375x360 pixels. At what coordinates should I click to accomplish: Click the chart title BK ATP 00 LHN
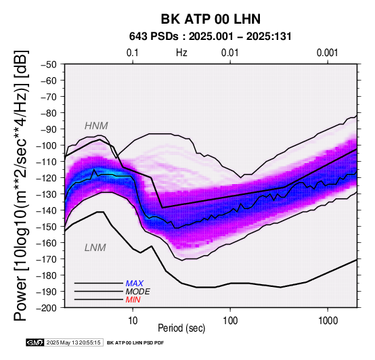coord(211,19)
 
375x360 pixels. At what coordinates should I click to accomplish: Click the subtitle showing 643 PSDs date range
coord(211,37)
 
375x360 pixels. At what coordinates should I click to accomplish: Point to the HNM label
coord(96,126)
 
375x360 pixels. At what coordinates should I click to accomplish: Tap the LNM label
coord(95,248)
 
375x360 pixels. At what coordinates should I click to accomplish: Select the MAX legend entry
coord(135,284)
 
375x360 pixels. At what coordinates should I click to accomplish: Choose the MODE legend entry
coord(138,292)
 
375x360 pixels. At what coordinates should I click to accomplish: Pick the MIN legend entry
coord(133,300)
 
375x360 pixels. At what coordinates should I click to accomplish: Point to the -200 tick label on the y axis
coord(47,308)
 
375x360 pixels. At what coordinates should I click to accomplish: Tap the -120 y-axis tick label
coord(47,178)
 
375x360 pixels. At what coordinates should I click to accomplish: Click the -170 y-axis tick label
coord(47,259)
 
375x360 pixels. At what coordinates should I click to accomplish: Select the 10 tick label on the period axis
coord(133,321)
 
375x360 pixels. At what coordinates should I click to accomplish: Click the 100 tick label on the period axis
coord(230,321)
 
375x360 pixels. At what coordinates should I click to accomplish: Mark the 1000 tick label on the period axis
coord(328,321)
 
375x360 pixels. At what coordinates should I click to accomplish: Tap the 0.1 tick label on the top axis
coord(133,53)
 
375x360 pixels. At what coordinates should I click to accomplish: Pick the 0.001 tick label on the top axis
coord(328,53)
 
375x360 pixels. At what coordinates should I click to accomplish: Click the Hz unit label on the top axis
coord(181,53)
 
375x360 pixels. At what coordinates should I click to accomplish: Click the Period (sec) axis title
coord(181,328)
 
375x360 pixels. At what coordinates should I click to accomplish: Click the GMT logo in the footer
coord(35,342)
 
